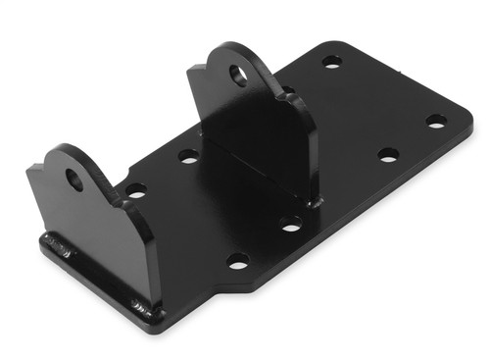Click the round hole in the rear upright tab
point(238,74)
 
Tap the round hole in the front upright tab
point(74,180)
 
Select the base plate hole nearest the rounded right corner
point(436,122)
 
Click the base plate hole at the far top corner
point(332,62)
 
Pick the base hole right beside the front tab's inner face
point(135,190)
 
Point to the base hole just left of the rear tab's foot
point(188,155)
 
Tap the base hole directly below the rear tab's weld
point(290,225)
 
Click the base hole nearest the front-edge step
point(237,261)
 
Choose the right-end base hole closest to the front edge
point(388,155)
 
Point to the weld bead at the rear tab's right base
point(312,201)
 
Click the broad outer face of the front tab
point(93,235)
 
